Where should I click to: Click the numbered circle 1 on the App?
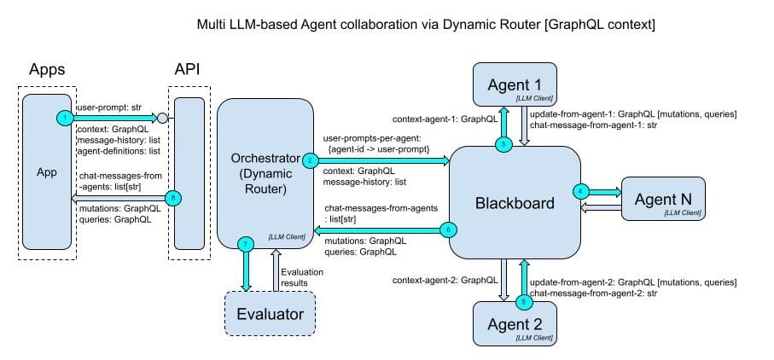(x=64, y=117)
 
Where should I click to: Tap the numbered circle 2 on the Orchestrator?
(x=311, y=160)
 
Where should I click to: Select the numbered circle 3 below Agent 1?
(x=504, y=143)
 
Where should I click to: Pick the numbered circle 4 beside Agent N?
(x=582, y=191)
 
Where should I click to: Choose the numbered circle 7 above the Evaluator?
(x=247, y=246)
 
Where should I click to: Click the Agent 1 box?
(x=515, y=87)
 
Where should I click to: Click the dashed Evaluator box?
(x=270, y=313)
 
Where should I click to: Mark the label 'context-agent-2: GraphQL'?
(x=445, y=280)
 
